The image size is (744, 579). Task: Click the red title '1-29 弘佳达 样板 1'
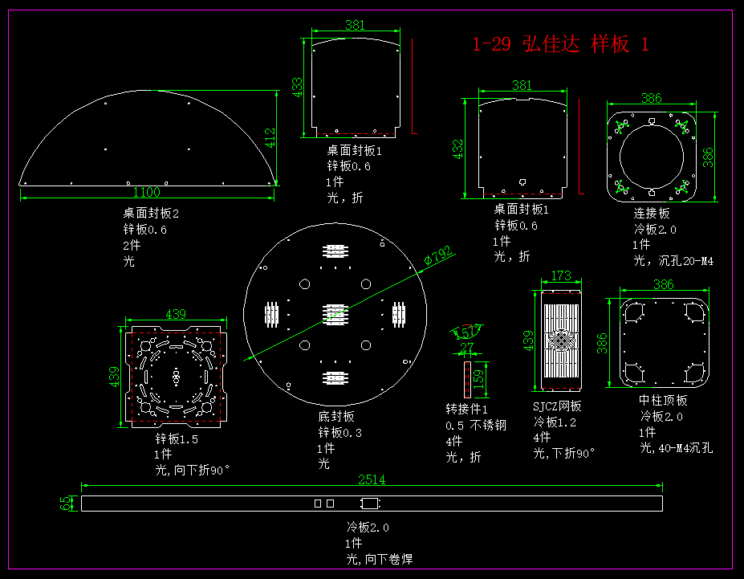[x=560, y=44]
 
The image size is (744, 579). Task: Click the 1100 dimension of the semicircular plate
[x=147, y=192]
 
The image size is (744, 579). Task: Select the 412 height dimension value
[x=270, y=139]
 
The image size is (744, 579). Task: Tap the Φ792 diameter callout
[x=438, y=256]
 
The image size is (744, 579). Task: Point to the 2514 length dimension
[x=371, y=480]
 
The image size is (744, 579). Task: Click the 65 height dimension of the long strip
[x=66, y=504]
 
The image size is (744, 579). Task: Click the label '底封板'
[x=335, y=416]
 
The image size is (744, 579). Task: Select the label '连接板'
[x=651, y=214]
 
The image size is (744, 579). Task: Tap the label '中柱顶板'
[x=663, y=400]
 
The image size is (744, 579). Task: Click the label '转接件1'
[x=467, y=409]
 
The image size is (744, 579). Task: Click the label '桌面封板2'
[x=151, y=214]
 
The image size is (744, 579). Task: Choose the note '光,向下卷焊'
[x=380, y=559]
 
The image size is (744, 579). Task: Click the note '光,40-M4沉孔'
[x=676, y=448]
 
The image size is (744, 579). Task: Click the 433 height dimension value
[x=297, y=87]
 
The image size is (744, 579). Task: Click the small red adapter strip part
[x=466, y=378]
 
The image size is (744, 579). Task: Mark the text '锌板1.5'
[x=177, y=438]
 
